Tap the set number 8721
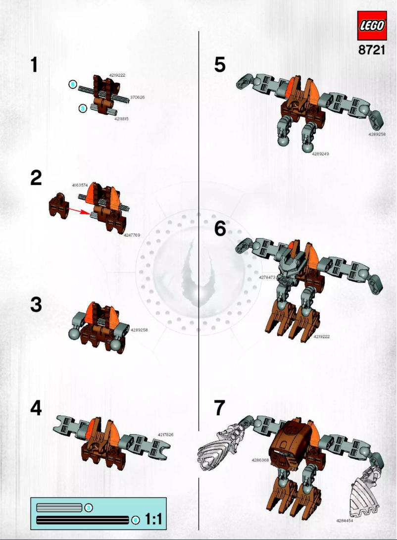(x=371, y=50)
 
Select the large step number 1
(x=34, y=65)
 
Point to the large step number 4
(x=36, y=408)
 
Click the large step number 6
(x=220, y=229)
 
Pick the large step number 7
(x=220, y=408)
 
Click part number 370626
(x=137, y=98)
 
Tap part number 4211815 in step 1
(x=121, y=119)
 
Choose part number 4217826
(x=165, y=435)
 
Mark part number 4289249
(x=320, y=154)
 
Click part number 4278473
(x=267, y=278)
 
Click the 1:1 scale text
(x=153, y=519)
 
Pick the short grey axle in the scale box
(x=59, y=507)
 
